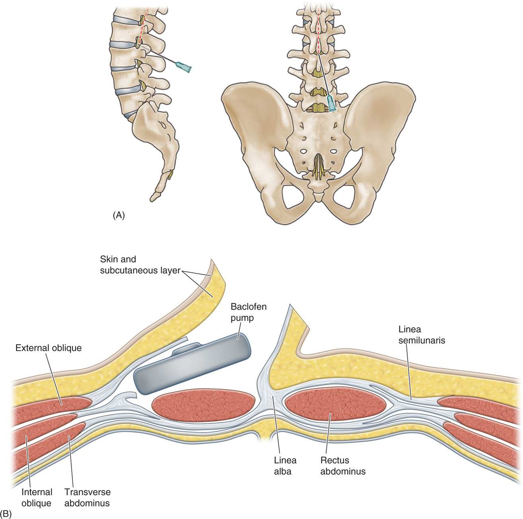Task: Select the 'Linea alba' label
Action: pyautogui.click(x=285, y=466)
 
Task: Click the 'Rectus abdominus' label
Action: pyautogui.click(x=343, y=466)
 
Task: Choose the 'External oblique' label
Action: pyautogui.click(x=49, y=348)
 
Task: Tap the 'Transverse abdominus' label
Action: pyautogui.click(x=87, y=498)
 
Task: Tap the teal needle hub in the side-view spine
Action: pyautogui.click(x=184, y=68)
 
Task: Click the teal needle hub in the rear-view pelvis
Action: pyautogui.click(x=331, y=103)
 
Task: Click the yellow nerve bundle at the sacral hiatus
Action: pyautogui.click(x=318, y=167)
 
